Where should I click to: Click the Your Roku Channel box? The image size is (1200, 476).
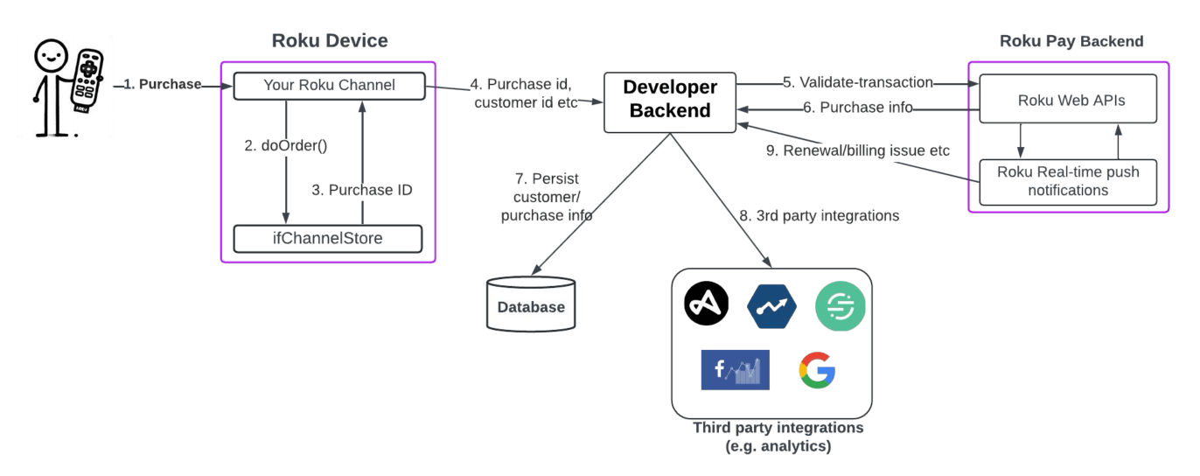[330, 86]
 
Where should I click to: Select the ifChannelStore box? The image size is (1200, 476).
[328, 239]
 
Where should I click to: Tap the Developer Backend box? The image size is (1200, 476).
[670, 102]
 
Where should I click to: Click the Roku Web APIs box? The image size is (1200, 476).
[1068, 99]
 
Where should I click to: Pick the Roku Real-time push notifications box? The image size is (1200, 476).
[1068, 182]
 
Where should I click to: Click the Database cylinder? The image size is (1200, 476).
[531, 304]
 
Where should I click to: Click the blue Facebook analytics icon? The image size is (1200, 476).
[735, 370]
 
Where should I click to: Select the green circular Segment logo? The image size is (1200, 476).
[840, 306]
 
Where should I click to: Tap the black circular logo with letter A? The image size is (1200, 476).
[707, 304]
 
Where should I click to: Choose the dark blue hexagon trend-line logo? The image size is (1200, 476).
[771, 306]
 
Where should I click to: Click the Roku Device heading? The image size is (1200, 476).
[330, 41]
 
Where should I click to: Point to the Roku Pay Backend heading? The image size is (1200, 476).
[1071, 41]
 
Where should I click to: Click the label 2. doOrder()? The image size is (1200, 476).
[285, 146]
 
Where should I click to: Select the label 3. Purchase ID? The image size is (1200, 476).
[362, 190]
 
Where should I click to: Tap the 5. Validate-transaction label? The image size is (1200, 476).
[858, 82]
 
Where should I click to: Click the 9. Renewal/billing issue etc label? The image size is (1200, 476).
[858, 150]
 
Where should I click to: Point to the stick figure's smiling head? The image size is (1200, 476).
[51, 56]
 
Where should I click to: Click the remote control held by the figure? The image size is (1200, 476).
[87, 80]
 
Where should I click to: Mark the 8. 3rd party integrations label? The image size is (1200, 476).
[820, 215]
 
